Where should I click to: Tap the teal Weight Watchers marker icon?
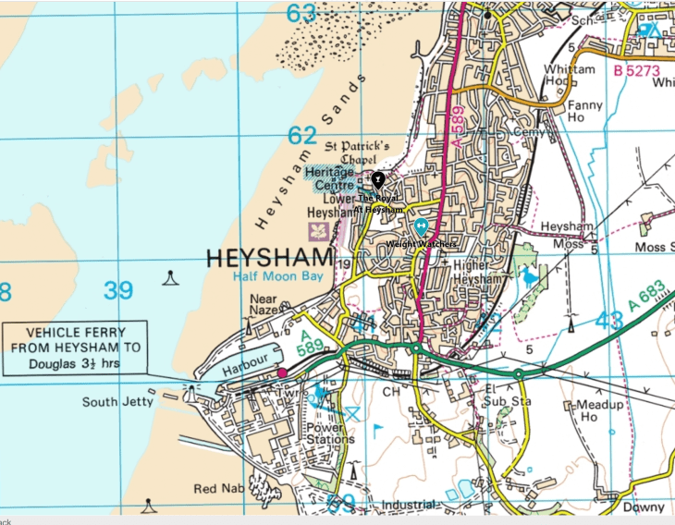click(421, 226)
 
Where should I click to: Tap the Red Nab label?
click(219, 488)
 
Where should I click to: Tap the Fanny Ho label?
click(584, 112)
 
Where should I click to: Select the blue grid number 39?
click(118, 291)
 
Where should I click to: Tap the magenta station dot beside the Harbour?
click(282, 372)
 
